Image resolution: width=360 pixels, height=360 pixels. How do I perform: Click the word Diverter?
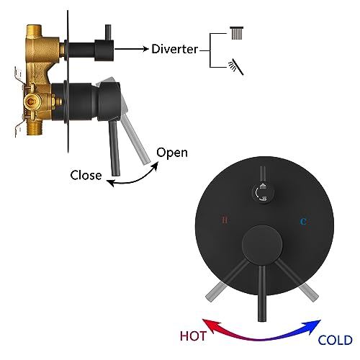click(x=174, y=49)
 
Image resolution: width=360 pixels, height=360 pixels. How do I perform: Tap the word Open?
click(x=172, y=153)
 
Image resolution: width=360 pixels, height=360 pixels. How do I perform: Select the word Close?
click(x=86, y=175)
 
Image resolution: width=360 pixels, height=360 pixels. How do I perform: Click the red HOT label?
click(x=193, y=336)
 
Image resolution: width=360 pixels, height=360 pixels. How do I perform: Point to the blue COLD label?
click(x=335, y=340)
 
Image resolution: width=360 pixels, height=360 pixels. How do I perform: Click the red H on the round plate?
click(x=225, y=220)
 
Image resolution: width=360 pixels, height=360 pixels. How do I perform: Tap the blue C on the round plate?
click(x=303, y=221)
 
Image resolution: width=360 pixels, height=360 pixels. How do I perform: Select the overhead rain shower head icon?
click(x=237, y=33)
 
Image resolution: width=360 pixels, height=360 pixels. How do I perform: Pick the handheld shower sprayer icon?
click(x=236, y=66)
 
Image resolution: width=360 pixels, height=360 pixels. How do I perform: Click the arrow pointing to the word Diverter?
click(x=132, y=49)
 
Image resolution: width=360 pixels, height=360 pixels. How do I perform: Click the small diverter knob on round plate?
click(x=264, y=192)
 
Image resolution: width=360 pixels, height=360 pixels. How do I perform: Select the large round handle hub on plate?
click(x=262, y=243)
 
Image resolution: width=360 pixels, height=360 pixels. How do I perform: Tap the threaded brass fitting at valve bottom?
click(x=34, y=127)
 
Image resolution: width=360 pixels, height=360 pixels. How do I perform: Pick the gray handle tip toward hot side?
click(x=215, y=292)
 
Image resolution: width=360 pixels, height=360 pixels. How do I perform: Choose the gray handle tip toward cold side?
click(x=310, y=292)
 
